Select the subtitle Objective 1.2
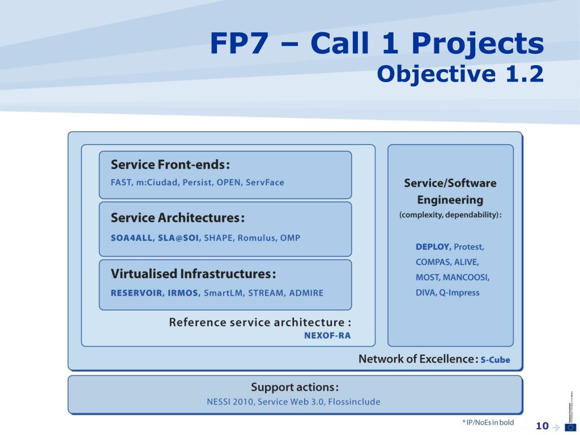[x=460, y=74]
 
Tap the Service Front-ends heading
[x=170, y=165]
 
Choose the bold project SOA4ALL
[x=131, y=238]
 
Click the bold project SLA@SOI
[x=178, y=238]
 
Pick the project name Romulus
[x=256, y=238]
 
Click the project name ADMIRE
[x=306, y=293]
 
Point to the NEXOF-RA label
[x=327, y=335]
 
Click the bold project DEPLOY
[x=433, y=247]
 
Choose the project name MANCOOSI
[x=466, y=278]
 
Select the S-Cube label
[x=495, y=360]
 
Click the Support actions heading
[x=295, y=387]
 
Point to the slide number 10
[x=542, y=426]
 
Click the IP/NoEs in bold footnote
[x=488, y=423]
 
